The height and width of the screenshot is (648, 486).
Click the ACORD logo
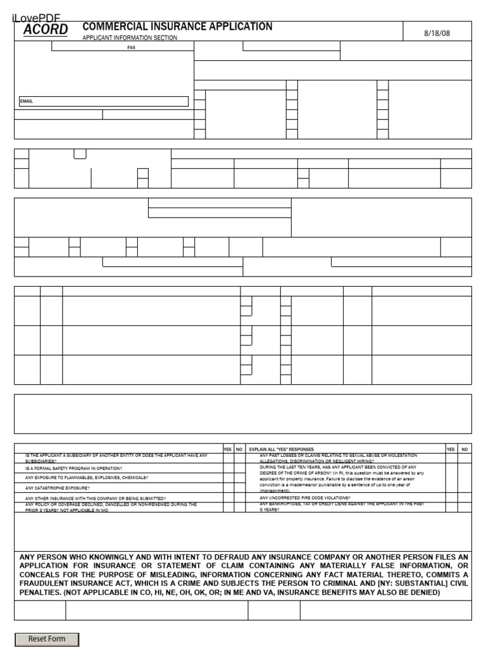pos(46,30)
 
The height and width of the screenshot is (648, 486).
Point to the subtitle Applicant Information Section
pos(130,38)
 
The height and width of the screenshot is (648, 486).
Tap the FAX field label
pos(132,47)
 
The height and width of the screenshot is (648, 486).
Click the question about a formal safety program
pos(74,468)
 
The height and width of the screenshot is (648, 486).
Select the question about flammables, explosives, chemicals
pos(86,478)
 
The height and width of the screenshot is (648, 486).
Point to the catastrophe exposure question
pos(57,488)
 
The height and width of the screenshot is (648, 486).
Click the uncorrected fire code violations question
pos(304,497)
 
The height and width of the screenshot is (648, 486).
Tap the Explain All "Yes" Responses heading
pos(281,449)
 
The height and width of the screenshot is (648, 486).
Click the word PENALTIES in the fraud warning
pos(40,592)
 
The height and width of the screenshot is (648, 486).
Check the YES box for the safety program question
pos(228,468)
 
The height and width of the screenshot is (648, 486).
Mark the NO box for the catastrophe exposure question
pos(239,488)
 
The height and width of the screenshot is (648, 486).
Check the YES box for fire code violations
pos(451,497)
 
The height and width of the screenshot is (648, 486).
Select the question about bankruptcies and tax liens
pos(342,506)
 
